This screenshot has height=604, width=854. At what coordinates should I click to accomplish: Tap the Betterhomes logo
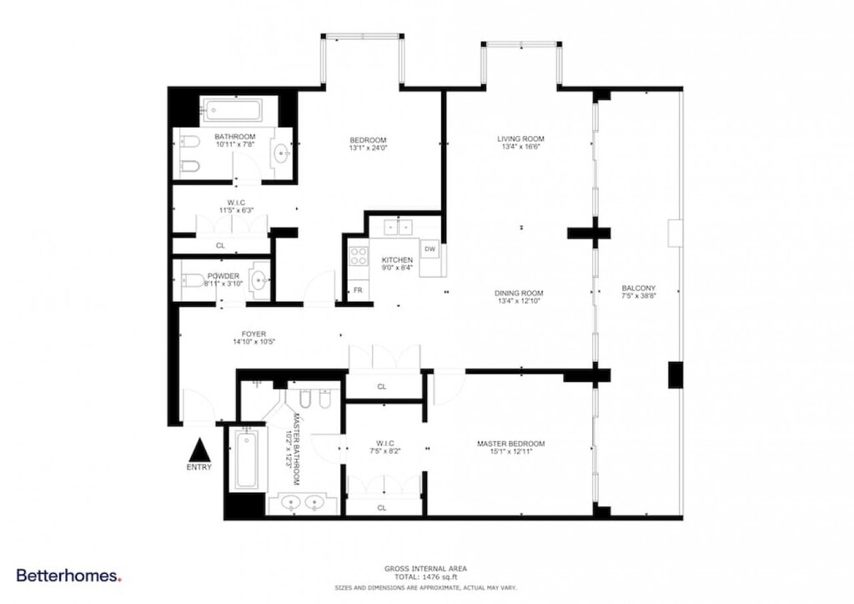tap(69, 576)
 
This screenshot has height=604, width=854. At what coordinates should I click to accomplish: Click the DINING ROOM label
tap(519, 293)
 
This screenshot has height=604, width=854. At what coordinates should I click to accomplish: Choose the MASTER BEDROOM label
tap(510, 443)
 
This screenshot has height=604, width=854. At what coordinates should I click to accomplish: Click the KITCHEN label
tap(397, 260)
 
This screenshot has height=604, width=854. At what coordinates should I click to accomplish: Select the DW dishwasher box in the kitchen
tap(430, 249)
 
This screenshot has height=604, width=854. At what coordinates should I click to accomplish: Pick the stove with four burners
tap(359, 255)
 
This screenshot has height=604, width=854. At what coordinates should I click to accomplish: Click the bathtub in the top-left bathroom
tap(232, 110)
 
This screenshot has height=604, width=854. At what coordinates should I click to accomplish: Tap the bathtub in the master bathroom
tap(246, 460)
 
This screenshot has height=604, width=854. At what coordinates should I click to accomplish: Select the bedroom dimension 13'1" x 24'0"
tap(368, 148)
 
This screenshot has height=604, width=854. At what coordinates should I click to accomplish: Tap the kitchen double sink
tap(399, 226)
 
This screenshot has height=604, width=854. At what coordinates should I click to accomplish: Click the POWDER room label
tap(224, 275)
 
